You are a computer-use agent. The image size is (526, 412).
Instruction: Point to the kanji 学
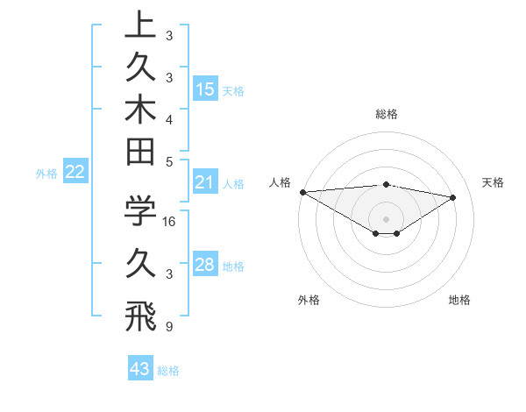[140, 211]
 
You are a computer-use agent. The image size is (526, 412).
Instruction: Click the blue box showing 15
[205, 89]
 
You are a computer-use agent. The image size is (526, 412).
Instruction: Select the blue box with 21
[205, 183]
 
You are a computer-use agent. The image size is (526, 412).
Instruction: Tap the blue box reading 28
[205, 265]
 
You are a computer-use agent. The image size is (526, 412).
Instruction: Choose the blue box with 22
[75, 173]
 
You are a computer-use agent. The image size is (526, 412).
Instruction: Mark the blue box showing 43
[140, 369]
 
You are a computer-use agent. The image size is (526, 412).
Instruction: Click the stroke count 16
[170, 223]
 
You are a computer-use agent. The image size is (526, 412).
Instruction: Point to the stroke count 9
[168, 328]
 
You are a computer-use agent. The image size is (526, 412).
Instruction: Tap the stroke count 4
[168, 119]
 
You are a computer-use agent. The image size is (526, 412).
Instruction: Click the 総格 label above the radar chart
[386, 114]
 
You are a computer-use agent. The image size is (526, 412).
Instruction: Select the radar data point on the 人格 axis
[302, 191]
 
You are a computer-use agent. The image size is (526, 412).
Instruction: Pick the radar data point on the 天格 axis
[453, 196]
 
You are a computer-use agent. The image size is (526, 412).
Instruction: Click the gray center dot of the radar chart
[386, 218]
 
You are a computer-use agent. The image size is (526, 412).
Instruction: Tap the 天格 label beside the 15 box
[234, 91]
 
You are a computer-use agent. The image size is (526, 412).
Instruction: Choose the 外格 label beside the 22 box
[46, 174]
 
